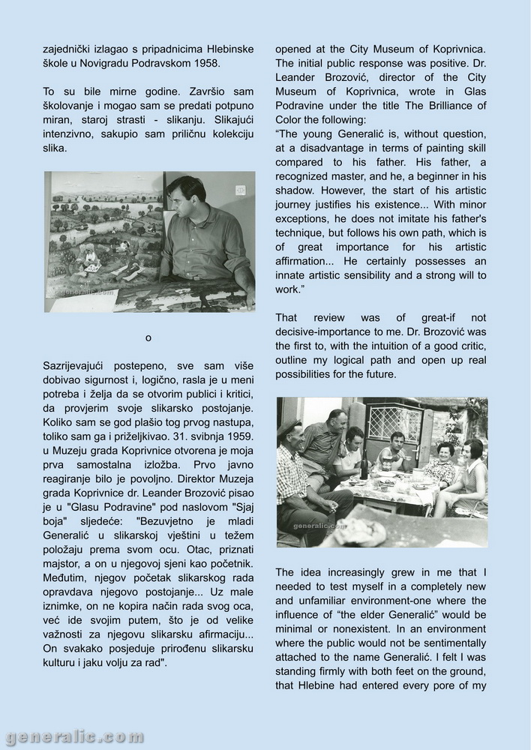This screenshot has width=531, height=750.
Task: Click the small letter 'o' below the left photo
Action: (148, 337)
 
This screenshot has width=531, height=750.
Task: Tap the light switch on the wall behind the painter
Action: (241, 189)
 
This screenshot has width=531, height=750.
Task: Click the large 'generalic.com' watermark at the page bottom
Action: (73, 736)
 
